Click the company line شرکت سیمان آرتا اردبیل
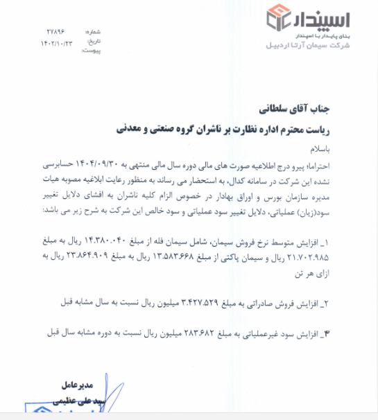point(309,45)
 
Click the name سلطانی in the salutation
point(275,110)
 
